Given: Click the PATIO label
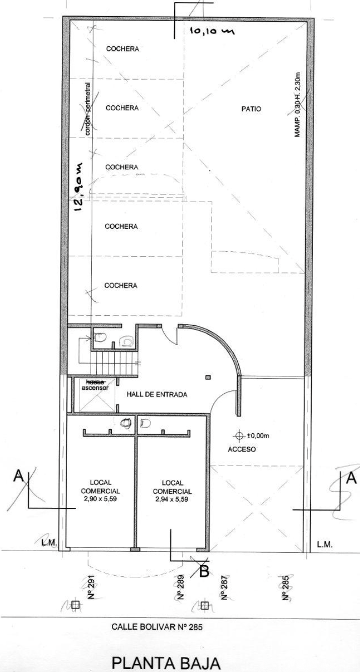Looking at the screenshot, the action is [x=251, y=109].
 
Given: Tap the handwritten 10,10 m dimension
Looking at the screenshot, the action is [x=211, y=31].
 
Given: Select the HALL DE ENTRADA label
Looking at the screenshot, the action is [x=157, y=394].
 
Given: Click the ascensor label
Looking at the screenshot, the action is [x=95, y=387].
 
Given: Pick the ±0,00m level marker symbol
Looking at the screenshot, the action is [x=239, y=436].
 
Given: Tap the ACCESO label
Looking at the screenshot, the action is [x=242, y=449].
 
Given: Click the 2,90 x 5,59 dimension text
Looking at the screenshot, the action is [x=100, y=499].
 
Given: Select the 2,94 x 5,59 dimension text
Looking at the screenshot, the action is [x=172, y=499].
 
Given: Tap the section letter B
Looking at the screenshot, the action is [x=204, y=571].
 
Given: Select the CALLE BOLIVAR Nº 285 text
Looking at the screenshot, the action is [x=157, y=627].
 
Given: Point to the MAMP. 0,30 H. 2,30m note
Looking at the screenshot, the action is [x=298, y=105].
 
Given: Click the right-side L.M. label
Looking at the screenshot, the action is [x=325, y=544].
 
